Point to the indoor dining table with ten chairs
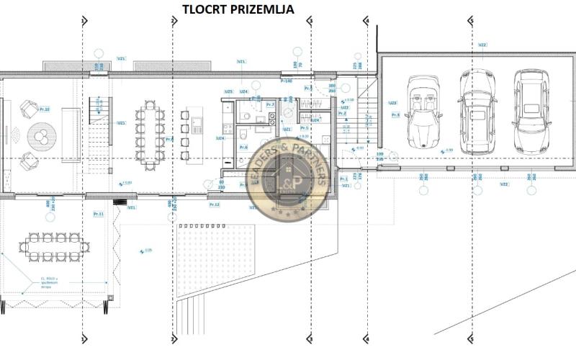click(x=150, y=135)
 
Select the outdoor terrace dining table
click(x=54, y=247)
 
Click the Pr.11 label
click(x=99, y=214)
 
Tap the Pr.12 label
click(x=214, y=204)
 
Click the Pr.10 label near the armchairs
click(x=44, y=109)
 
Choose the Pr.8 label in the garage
click(x=395, y=114)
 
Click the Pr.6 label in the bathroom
click(x=243, y=147)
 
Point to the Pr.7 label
click(x=270, y=105)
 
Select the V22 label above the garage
click(x=482, y=45)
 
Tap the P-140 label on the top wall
click(x=286, y=81)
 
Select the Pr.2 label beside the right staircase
click(x=343, y=114)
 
